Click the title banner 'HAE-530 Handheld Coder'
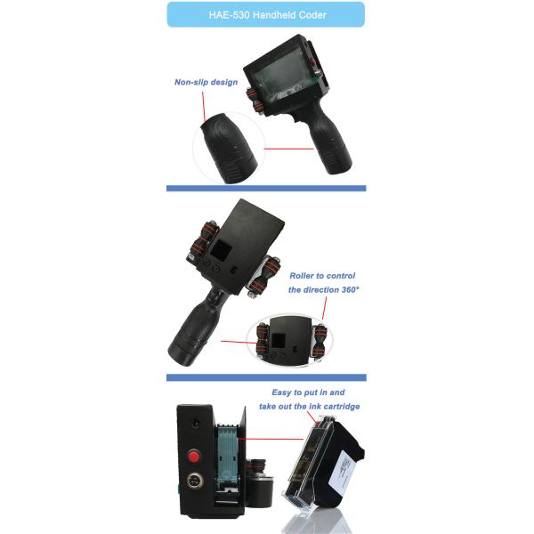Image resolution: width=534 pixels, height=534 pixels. [x=266, y=14]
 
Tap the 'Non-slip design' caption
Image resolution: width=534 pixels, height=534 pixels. [x=206, y=83]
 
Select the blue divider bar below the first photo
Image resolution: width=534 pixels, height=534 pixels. [x=266, y=188]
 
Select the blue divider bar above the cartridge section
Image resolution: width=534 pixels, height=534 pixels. [x=266, y=378]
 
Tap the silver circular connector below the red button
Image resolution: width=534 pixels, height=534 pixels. [x=193, y=489]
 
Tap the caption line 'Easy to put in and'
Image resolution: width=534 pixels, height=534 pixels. [x=306, y=392]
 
